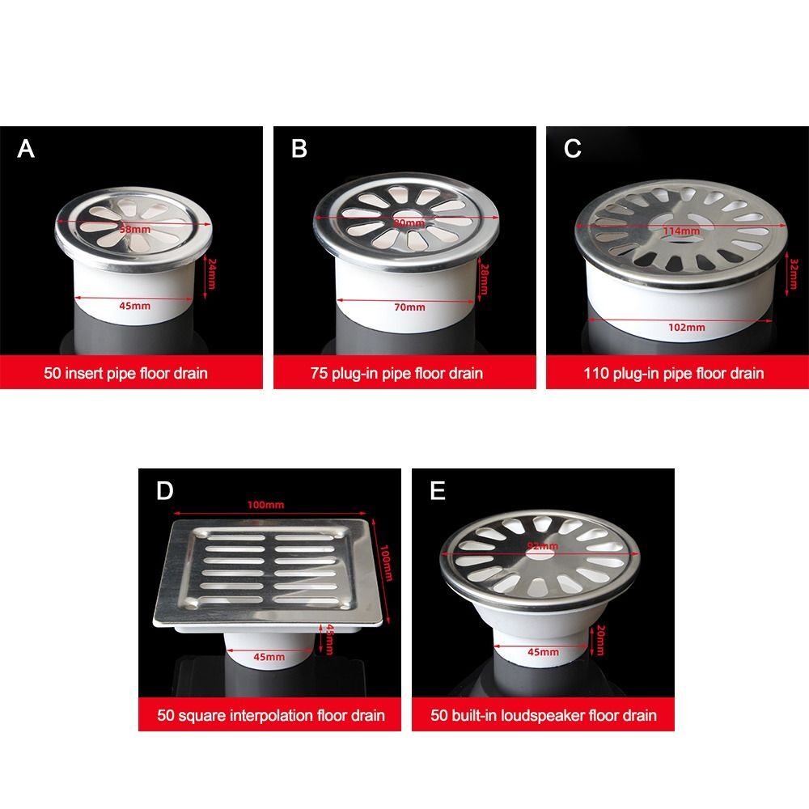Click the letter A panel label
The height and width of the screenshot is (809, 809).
click(x=27, y=150)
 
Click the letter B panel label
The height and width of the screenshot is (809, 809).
click(x=299, y=150)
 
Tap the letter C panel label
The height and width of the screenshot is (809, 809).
click(x=573, y=150)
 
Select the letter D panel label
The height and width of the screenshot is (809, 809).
click(x=164, y=492)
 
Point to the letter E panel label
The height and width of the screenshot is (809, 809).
click(x=438, y=492)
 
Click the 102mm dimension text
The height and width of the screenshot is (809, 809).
click(x=688, y=328)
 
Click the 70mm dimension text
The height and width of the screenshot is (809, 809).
click(x=409, y=307)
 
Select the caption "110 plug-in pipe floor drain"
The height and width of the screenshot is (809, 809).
click(x=674, y=374)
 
